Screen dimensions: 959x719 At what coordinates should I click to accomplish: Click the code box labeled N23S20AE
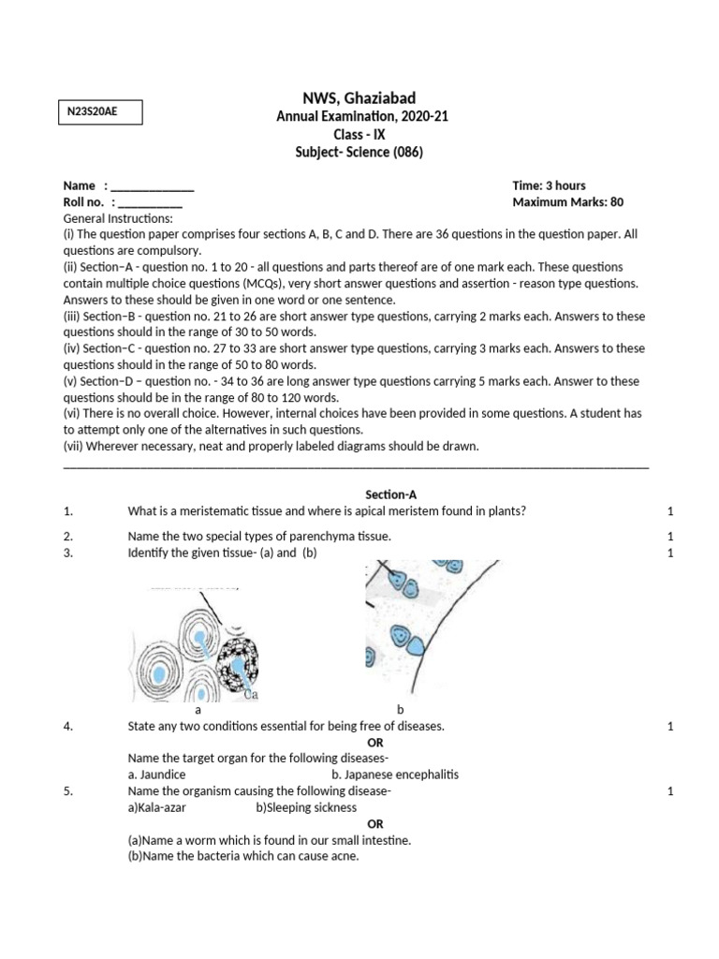pyautogui.click(x=97, y=112)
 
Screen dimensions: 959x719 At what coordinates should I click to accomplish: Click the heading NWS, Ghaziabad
pyautogui.click(x=360, y=97)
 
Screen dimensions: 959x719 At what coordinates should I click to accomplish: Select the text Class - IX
pyautogui.click(x=359, y=134)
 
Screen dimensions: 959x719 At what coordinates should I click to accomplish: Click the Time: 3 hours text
pyautogui.click(x=549, y=185)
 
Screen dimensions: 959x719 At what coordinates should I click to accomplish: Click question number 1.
pyautogui.click(x=67, y=510)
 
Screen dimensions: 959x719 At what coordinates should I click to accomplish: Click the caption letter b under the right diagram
pyautogui.click(x=400, y=710)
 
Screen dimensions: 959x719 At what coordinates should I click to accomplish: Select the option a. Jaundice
pyautogui.click(x=156, y=775)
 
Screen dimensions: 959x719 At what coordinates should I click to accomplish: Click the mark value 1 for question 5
pyautogui.click(x=670, y=791)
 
